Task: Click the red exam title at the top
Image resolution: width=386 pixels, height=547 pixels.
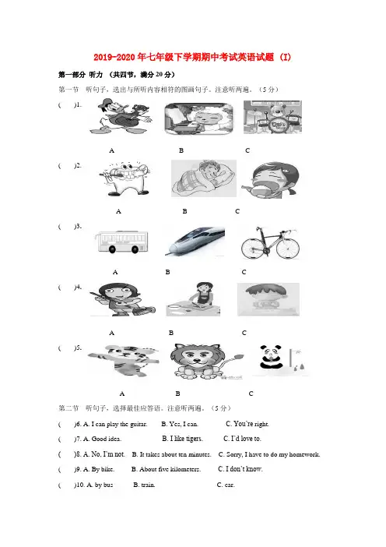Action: (x=192, y=57)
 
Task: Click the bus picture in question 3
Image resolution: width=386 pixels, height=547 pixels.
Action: (x=121, y=242)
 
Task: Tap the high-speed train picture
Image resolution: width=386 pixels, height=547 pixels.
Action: (x=195, y=242)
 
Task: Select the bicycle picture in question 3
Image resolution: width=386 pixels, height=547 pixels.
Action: (x=270, y=242)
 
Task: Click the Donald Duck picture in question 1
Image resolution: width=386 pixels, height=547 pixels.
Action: (x=120, y=116)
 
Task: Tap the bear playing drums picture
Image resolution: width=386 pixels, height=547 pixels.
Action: (x=272, y=117)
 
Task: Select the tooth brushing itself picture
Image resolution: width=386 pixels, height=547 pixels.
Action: (x=125, y=179)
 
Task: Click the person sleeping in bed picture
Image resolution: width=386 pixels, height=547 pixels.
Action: (x=204, y=178)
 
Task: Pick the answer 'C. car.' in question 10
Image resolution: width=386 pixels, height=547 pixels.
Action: (x=226, y=485)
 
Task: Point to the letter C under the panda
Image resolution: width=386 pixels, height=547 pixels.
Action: (x=251, y=393)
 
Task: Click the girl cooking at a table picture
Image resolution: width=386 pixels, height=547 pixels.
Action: (x=193, y=299)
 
